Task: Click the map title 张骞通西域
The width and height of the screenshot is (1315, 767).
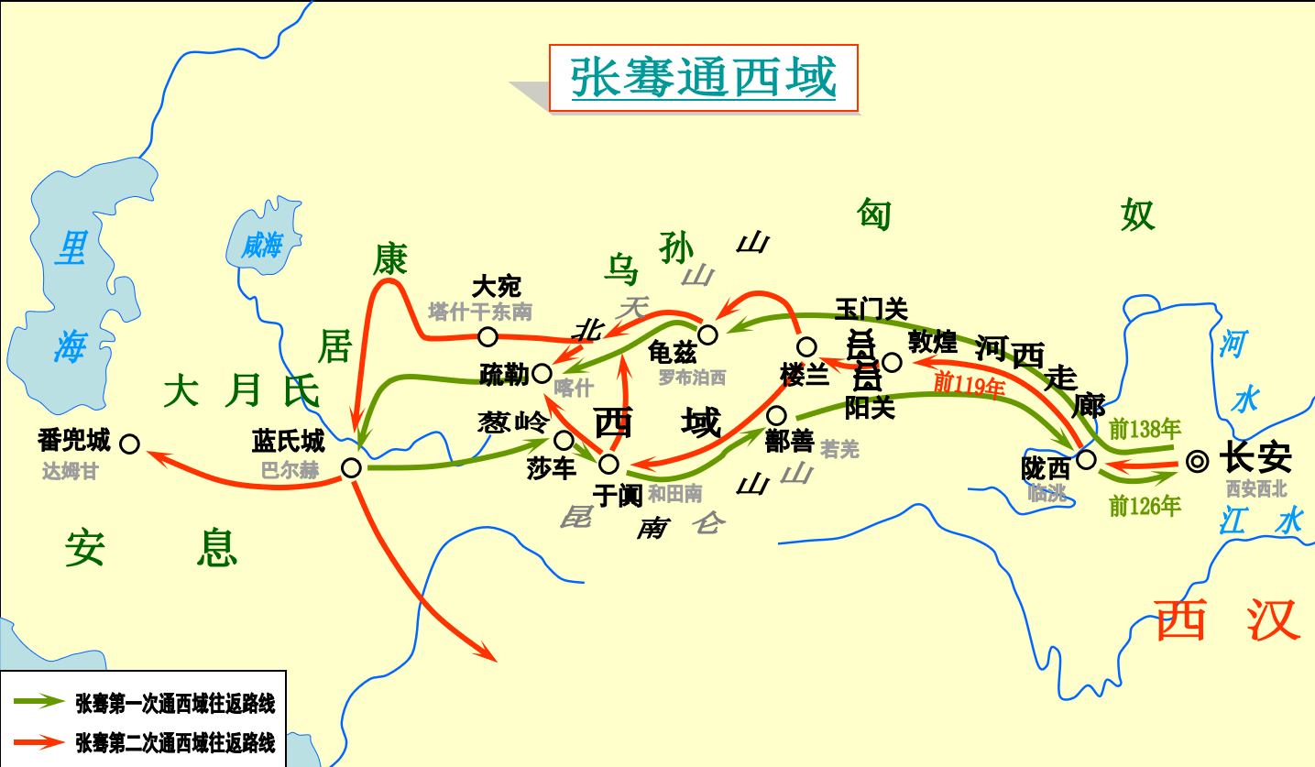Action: click(703, 78)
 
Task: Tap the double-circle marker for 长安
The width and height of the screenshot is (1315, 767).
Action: click(1196, 461)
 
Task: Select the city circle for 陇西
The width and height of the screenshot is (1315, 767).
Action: click(1086, 458)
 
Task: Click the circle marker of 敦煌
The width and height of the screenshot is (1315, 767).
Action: click(892, 362)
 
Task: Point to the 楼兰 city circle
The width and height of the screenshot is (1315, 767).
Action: click(806, 346)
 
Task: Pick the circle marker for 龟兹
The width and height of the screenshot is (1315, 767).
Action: click(707, 333)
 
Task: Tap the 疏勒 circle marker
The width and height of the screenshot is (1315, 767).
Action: click(542, 373)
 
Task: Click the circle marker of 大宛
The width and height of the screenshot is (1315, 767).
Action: click(488, 336)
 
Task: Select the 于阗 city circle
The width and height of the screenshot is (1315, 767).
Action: click(608, 463)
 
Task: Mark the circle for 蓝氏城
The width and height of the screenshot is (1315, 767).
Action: click(351, 467)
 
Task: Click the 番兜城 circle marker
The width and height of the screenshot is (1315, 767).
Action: click(129, 444)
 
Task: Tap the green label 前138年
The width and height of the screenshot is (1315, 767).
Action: click(1144, 428)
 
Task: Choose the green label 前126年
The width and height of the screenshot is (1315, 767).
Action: click(1145, 505)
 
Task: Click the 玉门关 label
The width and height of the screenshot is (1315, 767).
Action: click(871, 310)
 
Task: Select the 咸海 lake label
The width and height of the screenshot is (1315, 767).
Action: click(262, 245)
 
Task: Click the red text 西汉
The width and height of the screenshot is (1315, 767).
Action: click(1228, 620)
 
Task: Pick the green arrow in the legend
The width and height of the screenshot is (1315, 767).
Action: click(41, 702)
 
